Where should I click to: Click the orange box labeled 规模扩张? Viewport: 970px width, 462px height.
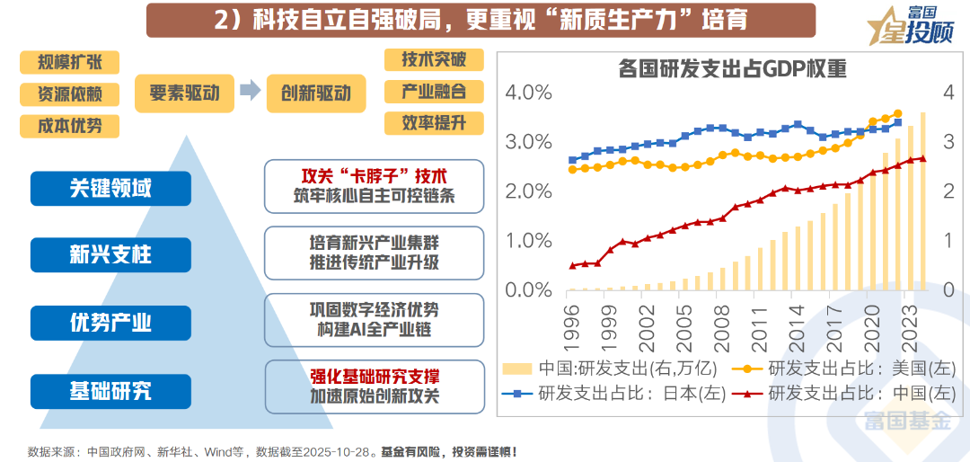(x=69, y=63)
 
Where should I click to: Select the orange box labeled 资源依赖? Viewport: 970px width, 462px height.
(x=69, y=94)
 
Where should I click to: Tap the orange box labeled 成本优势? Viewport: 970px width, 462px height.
(x=69, y=126)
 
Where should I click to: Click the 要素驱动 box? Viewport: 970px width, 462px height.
(x=184, y=93)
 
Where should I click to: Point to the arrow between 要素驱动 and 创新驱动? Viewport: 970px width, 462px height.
(x=252, y=91)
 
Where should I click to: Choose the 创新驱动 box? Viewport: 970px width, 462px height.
(x=316, y=93)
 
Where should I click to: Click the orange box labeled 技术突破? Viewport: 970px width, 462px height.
(x=434, y=60)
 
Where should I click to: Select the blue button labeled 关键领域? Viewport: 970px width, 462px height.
(x=110, y=188)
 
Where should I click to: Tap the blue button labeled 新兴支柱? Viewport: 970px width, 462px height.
(x=110, y=254)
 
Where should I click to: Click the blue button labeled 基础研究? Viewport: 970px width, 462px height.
(x=110, y=390)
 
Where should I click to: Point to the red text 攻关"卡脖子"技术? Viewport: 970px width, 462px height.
(x=375, y=175)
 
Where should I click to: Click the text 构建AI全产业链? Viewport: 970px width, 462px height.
(x=375, y=330)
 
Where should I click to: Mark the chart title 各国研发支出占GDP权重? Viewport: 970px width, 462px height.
(x=733, y=69)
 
